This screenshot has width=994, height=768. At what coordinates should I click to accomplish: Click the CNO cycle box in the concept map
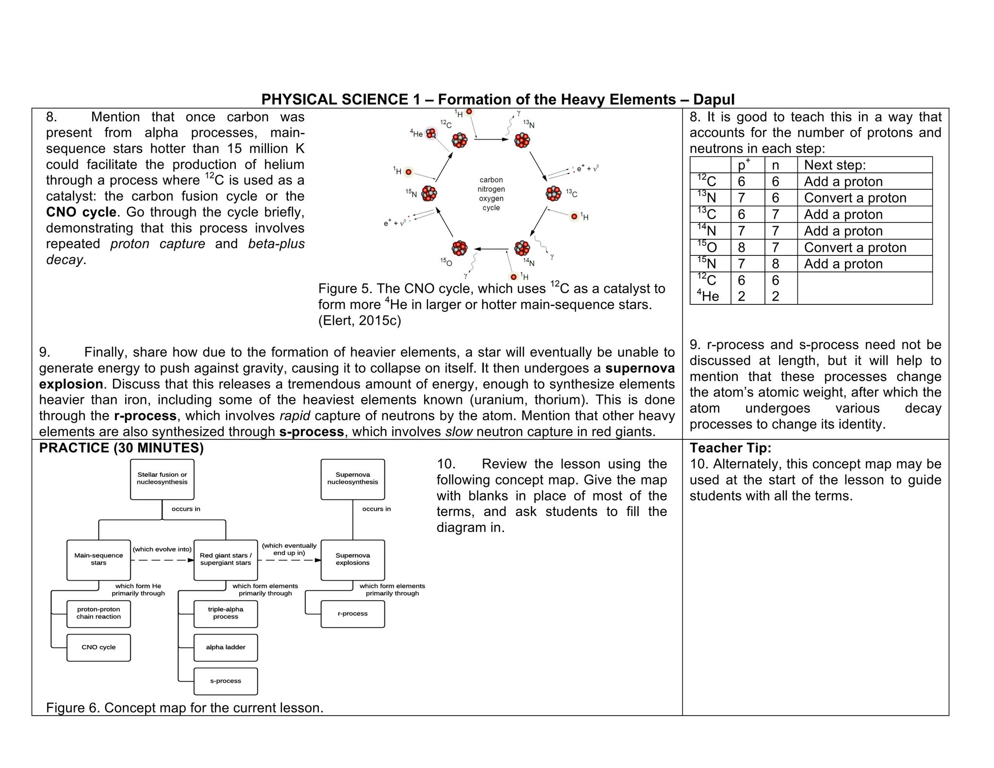click(99, 648)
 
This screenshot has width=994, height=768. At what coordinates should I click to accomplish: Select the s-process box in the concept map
click(226, 681)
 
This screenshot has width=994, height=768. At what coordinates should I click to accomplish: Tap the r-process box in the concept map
click(353, 614)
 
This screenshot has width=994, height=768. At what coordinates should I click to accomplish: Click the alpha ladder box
click(226, 648)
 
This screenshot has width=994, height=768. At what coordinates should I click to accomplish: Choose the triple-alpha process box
click(226, 614)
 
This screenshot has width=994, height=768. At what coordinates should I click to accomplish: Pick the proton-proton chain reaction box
click(99, 614)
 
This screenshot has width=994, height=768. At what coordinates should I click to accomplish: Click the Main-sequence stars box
click(99, 560)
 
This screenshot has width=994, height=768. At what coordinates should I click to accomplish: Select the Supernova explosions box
click(353, 560)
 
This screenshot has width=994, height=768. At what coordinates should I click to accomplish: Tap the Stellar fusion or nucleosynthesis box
click(162, 479)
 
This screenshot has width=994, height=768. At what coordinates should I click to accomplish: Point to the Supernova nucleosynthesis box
click(353, 479)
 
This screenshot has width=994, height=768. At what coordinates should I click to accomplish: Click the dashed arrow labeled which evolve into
click(162, 560)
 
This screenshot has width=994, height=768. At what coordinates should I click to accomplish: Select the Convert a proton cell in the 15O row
click(855, 248)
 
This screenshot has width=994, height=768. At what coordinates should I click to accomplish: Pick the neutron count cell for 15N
click(776, 264)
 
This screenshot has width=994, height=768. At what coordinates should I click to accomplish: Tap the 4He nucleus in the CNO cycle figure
click(431, 133)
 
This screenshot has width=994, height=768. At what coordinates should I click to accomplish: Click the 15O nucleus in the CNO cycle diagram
click(459, 249)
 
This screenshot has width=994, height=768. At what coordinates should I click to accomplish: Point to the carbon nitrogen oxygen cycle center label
click(491, 194)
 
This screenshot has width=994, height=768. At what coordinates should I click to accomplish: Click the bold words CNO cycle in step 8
click(81, 212)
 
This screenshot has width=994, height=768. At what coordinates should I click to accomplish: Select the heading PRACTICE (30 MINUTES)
click(121, 448)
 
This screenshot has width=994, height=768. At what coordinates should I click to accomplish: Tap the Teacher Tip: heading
click(730, 448)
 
